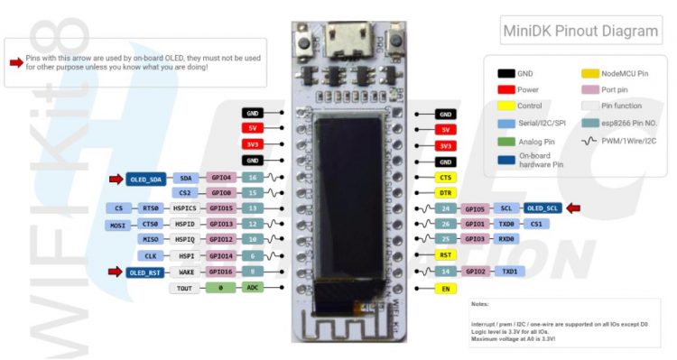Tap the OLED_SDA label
point(144,178)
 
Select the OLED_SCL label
point(543,208)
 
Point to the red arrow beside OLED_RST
point(116,272)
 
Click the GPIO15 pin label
point(221,208)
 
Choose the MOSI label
point(118,225)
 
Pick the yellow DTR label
point(445,193)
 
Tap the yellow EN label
point(445,288)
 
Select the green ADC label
point(254,288)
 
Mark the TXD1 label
point(509,272)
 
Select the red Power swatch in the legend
point(505,89)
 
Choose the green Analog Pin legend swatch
point(505,141)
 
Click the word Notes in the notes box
point(479,305)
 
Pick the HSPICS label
point(185,208)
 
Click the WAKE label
point(186,272)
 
